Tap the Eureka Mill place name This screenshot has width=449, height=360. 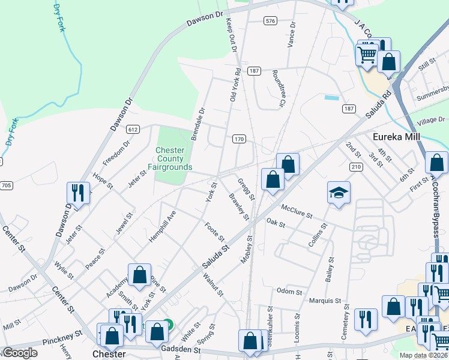[x=399, y=136]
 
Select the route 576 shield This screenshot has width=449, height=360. [x=270, y=21]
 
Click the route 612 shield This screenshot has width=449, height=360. [x=133, y=129]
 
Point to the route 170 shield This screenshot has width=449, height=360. [x=239, y=139]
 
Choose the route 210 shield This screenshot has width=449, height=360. [x=356, y=166]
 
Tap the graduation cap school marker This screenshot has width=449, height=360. [x=339, y=193]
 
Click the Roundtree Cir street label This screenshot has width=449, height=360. [x=277, y=88]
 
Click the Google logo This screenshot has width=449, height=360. [x=21, y=353]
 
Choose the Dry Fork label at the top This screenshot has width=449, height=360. [x=59, y=18]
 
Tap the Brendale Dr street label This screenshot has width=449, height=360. [x=198, y=124]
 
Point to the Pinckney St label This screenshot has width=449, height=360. [x=62, y=337]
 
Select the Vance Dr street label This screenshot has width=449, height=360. [x=292, y=35]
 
